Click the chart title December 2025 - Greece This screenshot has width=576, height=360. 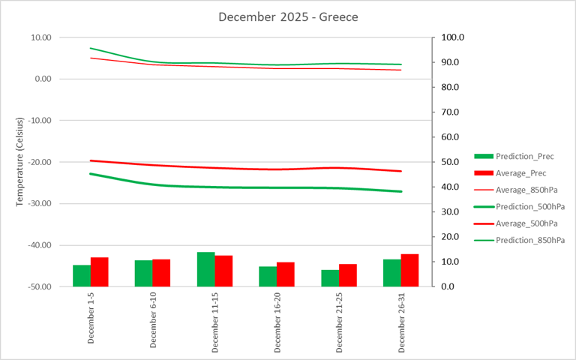point(287,16)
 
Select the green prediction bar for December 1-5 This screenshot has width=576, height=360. point(82,276)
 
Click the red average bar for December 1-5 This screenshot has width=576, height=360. point(100,272)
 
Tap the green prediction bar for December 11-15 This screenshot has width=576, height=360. point(206,269)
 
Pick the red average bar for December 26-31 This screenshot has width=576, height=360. point(409,271)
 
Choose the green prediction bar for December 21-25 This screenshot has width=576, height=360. point(330,278)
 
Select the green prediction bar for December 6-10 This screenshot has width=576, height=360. point(144,274)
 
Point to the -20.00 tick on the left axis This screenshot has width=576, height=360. point(37,162)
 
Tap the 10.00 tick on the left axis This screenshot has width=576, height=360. point(40,37)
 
